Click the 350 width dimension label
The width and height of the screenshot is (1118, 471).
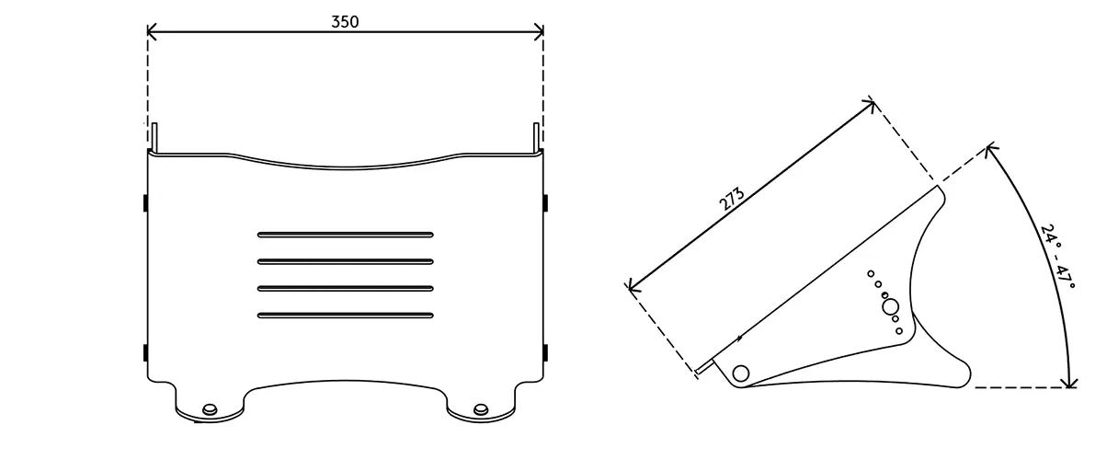345,21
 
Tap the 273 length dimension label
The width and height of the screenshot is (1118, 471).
732,199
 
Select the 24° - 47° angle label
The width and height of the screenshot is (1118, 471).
1057,257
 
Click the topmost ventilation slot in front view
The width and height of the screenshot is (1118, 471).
346,235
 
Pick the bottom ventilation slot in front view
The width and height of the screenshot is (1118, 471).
346,316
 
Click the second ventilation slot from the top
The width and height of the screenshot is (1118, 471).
346,262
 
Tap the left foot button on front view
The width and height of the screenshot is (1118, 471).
211,409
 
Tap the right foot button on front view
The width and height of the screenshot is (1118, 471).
481,409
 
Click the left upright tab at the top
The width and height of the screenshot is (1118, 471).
154,137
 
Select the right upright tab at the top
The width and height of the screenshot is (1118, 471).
537,137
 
